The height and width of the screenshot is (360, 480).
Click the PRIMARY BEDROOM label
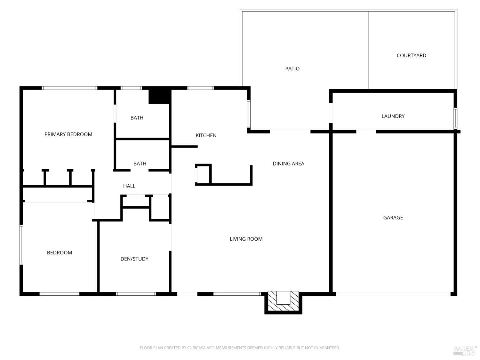(x=68, y=134)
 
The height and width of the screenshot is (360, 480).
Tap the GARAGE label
(x=393, y=218)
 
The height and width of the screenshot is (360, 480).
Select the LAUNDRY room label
(x=393, y=116)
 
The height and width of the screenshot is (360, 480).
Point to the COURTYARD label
(x=411, y=55)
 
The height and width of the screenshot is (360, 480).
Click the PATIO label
(x=292, y=68)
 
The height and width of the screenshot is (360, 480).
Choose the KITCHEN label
(x=206, y=135)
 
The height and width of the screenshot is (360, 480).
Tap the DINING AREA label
(x=288, y=164)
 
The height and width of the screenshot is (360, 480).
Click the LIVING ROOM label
(x=246, y=239)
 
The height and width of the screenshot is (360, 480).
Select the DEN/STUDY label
(x=134, y=259)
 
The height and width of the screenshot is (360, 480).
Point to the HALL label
(x=129, y=186)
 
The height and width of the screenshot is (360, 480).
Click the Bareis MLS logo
(x=465, y=350)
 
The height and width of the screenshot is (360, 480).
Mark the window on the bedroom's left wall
(x=21, y=244)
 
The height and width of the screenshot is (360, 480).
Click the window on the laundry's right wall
(x=455, y=118)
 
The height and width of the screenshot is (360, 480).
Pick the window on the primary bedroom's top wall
(x=69, y=88)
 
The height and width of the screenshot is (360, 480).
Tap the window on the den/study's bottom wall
(x=136, y=294)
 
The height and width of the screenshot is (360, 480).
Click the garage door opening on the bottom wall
(x=393, y=294)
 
